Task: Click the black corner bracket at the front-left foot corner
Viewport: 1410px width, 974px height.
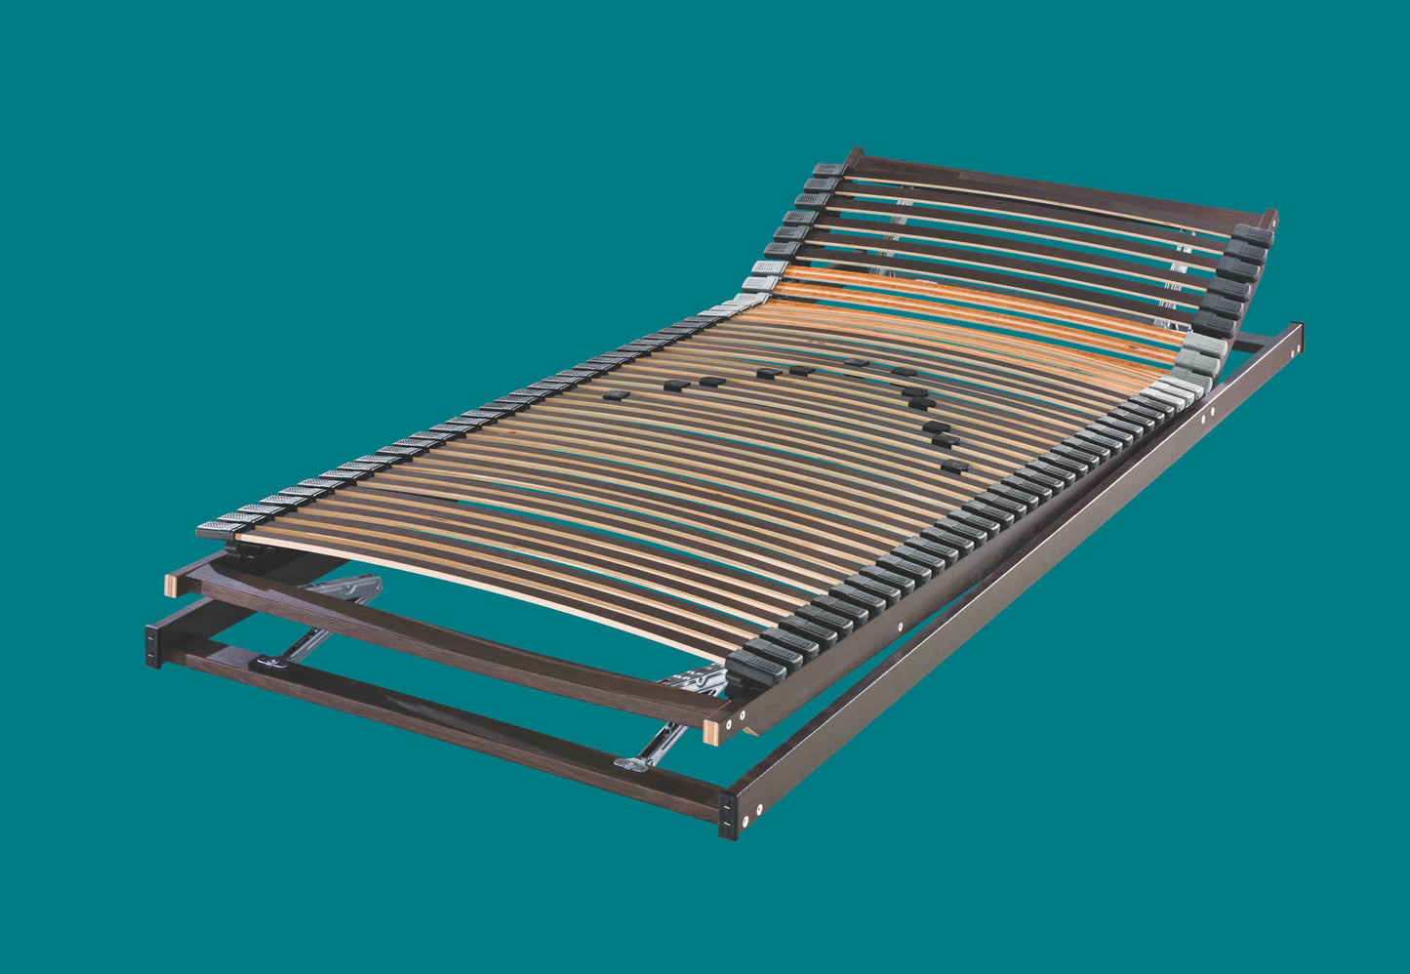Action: tap(153, 645)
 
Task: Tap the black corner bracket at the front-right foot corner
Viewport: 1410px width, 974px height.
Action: tap(728, 814)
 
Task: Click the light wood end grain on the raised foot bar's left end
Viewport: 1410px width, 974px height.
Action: tap(171, 585)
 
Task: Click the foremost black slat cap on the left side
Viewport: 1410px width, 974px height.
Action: tap(216, 529)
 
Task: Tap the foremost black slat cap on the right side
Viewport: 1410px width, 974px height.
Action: tap(754, 666)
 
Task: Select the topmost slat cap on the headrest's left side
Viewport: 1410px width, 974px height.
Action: tap(826, 169)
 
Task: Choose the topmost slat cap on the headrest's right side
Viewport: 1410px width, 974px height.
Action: tap(1252, 235)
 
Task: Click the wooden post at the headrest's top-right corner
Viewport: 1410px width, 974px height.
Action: tap(1269, 219)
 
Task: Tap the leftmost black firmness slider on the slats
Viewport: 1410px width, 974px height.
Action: tap(615, 395)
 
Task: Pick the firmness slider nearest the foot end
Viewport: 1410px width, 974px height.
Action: tap(955, 467)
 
